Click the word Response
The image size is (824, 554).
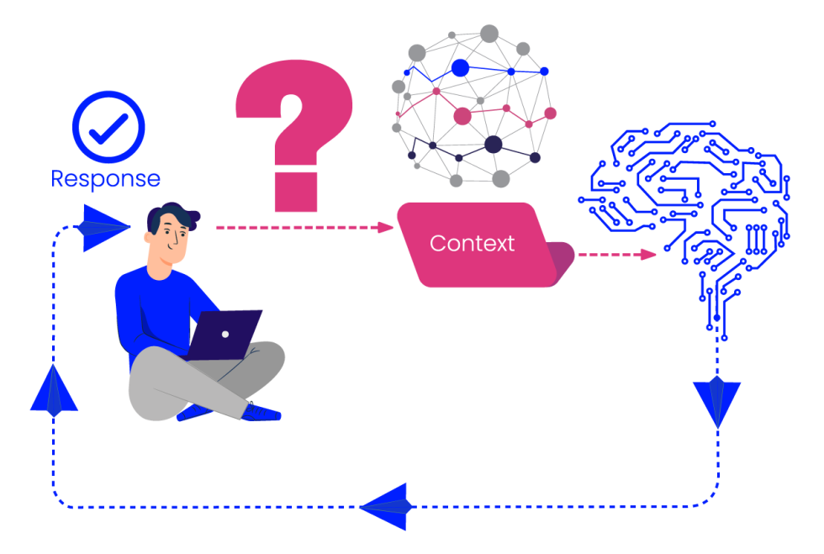tap(105, 179)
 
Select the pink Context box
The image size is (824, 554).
tap(475, 244)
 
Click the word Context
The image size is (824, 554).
tap(472, 244)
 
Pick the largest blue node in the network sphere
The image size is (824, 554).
tap(460, 68)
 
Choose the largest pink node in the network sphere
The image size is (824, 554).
tap(462, 116)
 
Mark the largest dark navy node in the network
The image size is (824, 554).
tap(494, 145)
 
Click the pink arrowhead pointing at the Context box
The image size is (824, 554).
tap(386, 227)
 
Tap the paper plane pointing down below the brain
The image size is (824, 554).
tap(717, 402)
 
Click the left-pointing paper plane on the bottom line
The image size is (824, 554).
tap(387, 506)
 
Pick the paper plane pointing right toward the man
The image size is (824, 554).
tap(104, 226)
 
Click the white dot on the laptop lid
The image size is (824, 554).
tap(225, 334)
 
